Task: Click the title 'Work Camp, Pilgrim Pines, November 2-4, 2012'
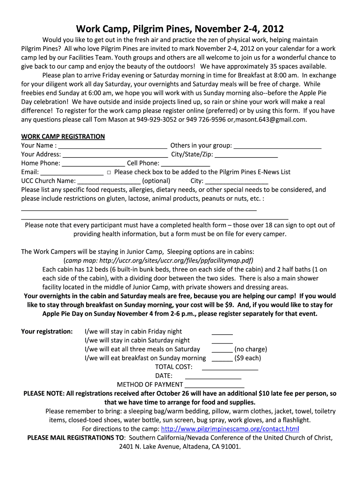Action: point(180,29)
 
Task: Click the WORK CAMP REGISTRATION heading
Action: point(63,137)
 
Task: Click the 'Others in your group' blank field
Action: point(277,146)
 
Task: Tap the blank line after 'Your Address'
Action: point(115,155)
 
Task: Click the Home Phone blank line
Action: point(94,164)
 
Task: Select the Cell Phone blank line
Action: point(186,164)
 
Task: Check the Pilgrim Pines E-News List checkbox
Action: point(108,172)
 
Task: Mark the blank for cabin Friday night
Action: point(222,332)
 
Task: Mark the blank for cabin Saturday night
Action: point(222,341)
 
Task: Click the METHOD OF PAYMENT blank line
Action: point(214,385)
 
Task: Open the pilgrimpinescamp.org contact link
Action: point(230,429)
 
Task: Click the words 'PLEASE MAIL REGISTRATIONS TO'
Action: point(76,438)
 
